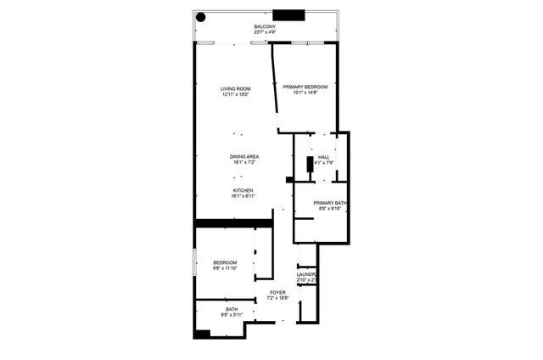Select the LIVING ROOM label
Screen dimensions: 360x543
[x=236, y=88]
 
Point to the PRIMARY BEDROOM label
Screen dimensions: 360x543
[x=305, y=87]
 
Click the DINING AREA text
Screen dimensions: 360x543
[x=244, y=156]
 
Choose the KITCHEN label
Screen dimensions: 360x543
[x=244, y=190]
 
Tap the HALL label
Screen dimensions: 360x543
[x=323, y=156]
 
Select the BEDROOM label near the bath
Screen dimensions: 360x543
[x=225, y=262]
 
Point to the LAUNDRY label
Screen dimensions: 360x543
[x=307, y=274]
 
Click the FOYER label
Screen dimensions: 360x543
[x=277, y=292]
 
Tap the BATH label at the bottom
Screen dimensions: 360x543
[x=232, y=309]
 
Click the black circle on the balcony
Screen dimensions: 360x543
[x=201, y=16]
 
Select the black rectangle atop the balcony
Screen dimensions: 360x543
[x=288, y=14]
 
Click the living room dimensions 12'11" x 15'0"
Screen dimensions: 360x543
[x=236, y=95]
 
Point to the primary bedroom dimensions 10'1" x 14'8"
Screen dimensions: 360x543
[x=305, y=93]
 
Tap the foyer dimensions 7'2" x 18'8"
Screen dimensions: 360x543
[x=277, y=298]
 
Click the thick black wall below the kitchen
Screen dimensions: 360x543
[x=233, y=223]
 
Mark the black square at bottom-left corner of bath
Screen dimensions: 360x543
[x=201, y=334]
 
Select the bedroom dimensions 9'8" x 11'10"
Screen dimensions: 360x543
[x=225, y=268]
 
